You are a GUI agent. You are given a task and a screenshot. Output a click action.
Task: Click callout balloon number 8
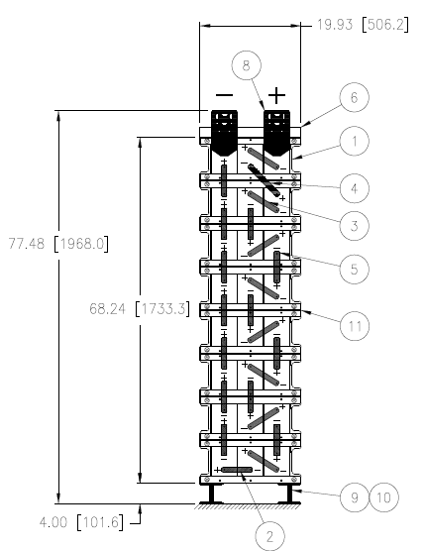[247, 65]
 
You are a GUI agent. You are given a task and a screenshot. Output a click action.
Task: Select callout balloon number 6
[354, 97]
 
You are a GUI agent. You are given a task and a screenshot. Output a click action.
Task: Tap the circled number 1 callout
[354, 141]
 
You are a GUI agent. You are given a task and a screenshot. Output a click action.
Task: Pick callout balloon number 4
[354, 188]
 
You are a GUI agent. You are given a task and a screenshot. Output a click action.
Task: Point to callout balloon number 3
[354, 226]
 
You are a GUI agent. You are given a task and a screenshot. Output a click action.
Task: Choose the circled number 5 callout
[354, 270]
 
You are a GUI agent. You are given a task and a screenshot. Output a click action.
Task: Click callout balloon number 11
[355, 326]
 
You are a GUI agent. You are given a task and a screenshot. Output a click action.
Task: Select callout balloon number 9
[355, 497]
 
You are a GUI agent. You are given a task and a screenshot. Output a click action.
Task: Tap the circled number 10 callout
[384, 497]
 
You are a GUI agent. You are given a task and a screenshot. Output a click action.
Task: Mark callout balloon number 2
[269, 536]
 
